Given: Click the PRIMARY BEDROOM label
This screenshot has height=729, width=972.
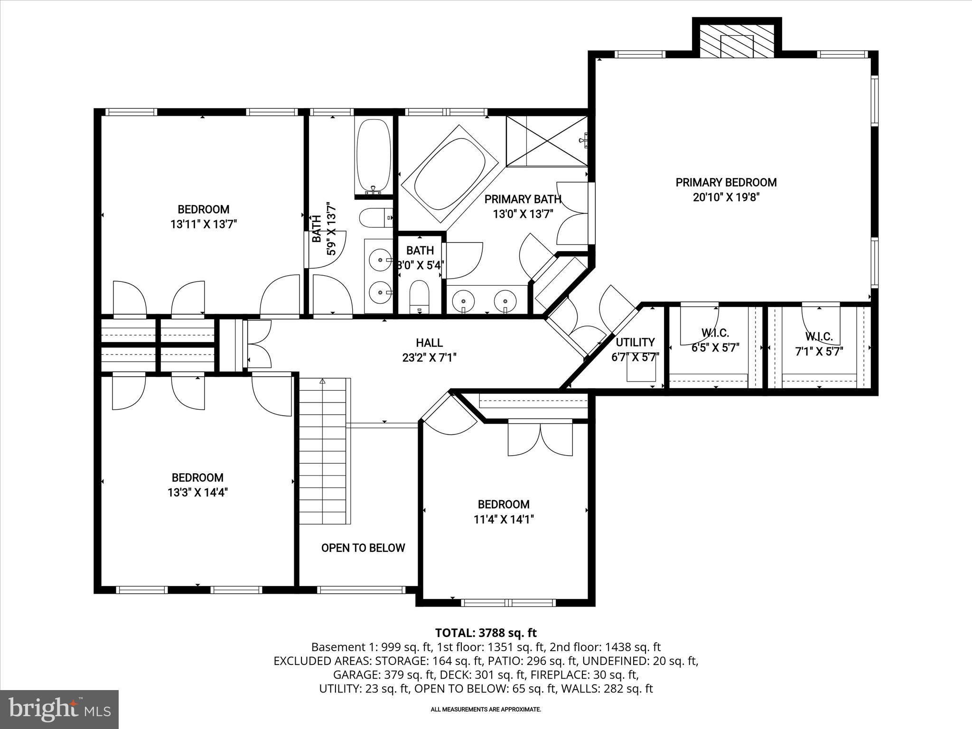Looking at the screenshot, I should coord(726,182).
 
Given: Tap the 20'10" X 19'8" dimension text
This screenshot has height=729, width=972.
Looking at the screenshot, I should coord(726,197).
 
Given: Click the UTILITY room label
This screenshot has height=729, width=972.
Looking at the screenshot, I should coord(635,342).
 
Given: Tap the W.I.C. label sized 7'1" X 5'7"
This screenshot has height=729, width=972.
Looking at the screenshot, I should coord(819,337).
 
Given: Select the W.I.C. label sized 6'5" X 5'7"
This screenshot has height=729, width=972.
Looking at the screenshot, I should coord(715,333).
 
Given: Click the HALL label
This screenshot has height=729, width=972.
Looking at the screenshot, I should coord(429,343).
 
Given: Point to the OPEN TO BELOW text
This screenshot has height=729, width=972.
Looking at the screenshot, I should coord(363,548).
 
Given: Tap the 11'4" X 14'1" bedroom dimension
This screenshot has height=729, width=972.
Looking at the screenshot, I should coord(504,520).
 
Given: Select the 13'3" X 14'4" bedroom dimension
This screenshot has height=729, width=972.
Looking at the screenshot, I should coord(197,493).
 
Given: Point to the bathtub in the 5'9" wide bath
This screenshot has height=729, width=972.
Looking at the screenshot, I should coord(374,157).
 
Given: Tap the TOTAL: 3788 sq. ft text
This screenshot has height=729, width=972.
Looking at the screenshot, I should coord(486,633).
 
